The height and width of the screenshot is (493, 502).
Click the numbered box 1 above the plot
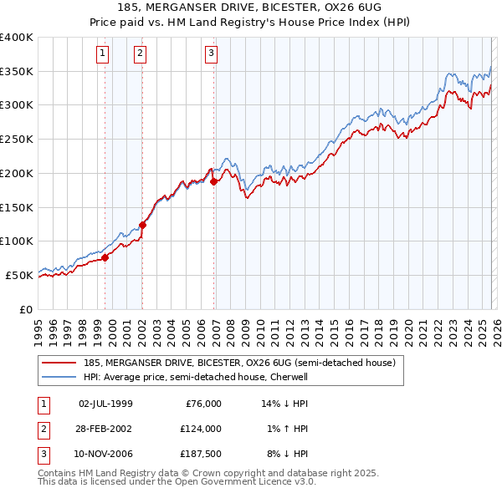click(102, 54)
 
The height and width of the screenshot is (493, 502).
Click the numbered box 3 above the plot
click(211, 54)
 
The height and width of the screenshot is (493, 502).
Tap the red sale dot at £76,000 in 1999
click(105, 258)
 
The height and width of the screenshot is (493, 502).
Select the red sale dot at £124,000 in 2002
click(142, 225)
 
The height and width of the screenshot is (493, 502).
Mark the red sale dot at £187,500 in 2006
click(214, 181)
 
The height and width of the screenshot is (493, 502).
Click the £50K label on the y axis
click(20, 275)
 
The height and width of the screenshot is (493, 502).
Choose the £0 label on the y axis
click(27, 309)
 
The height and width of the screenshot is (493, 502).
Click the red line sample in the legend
click(59, 363)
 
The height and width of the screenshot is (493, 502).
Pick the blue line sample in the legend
click(59, 377)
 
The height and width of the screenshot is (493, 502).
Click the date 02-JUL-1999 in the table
click(105, 404)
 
